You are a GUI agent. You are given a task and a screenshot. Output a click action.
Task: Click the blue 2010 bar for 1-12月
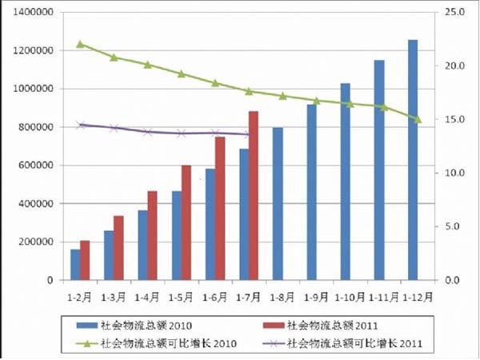click(413, 160)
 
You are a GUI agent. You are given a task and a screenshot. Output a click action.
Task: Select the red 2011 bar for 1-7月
click(254, 196)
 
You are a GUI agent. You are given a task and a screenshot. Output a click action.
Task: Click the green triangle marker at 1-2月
click(80, 44)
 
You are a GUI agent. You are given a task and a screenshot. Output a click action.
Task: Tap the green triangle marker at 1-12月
click(418, 119)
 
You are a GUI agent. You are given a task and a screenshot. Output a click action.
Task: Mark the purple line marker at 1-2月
click(80, 125)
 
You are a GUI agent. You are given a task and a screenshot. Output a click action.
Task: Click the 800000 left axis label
click(37, 127)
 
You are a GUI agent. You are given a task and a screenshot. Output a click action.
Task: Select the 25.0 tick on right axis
click(454, 13)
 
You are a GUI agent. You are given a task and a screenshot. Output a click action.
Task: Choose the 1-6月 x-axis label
click(215, 297)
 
